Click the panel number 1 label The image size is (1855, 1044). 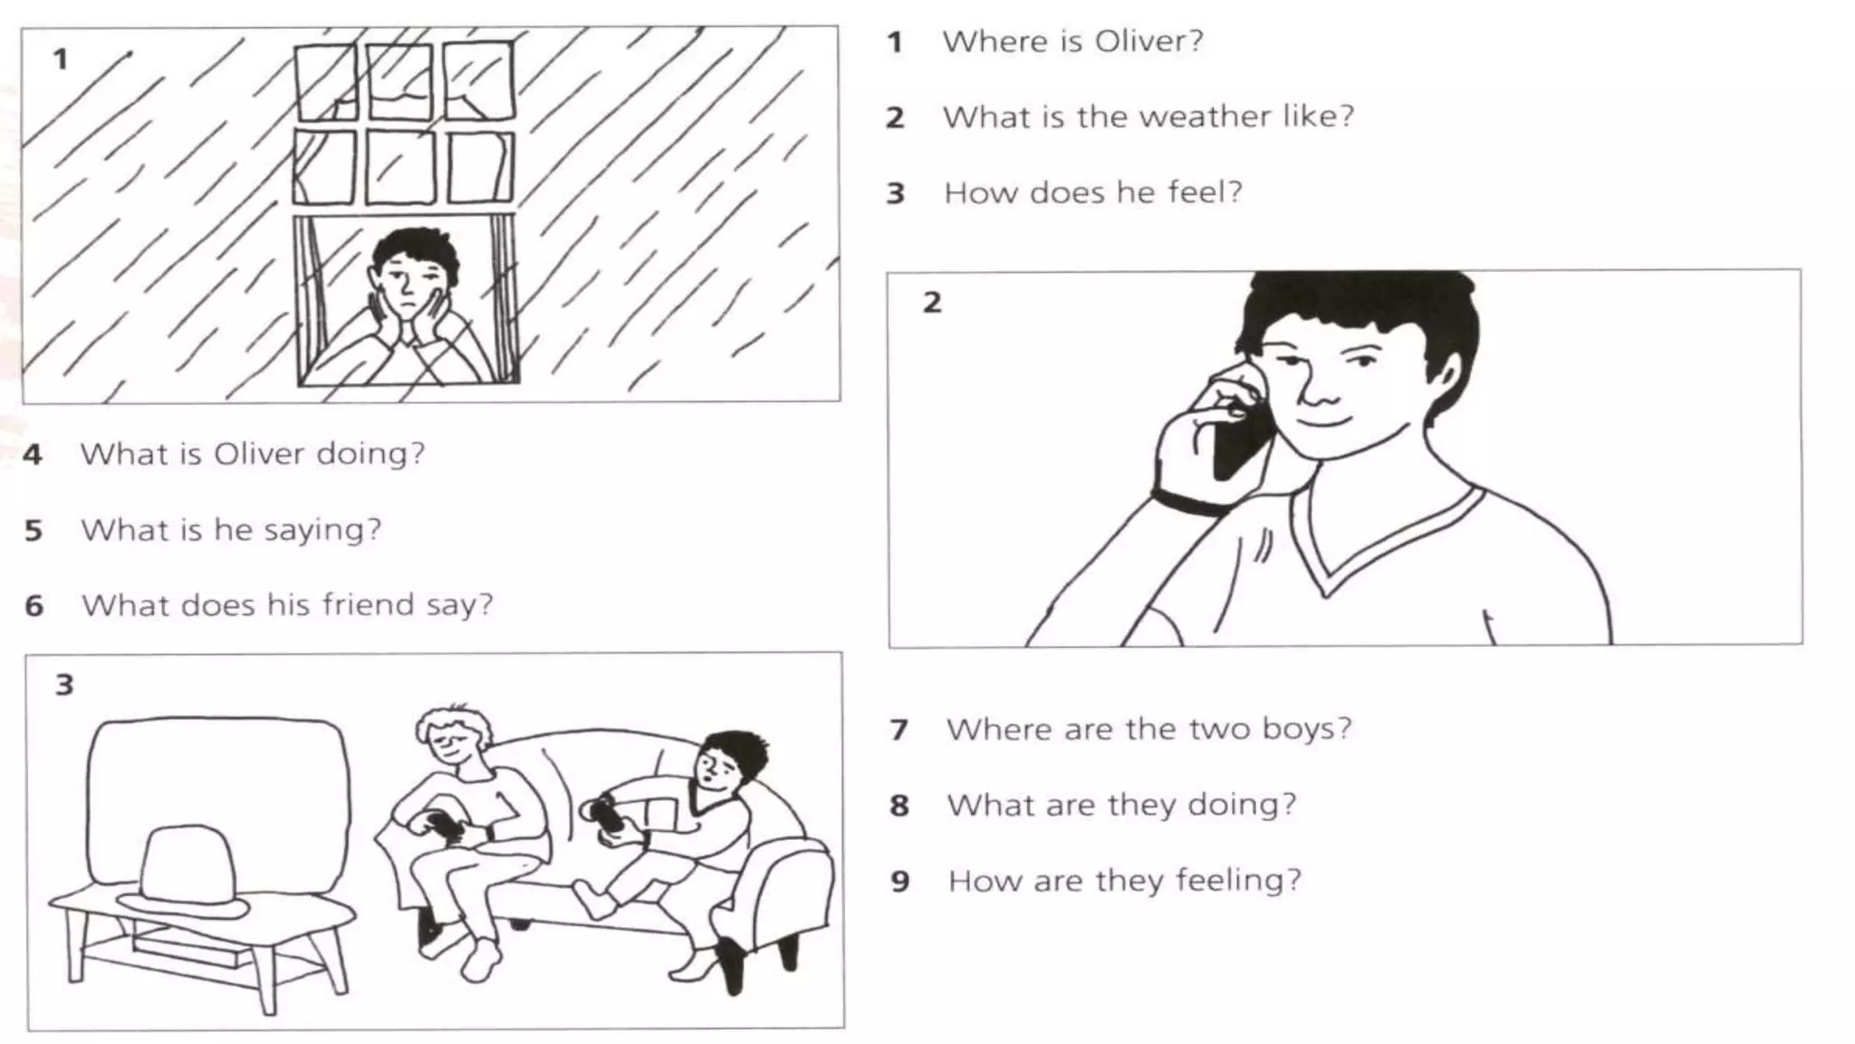[x=61, y=60]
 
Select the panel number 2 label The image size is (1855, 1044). [x=932, y=302]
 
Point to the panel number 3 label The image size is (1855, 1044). [x=64, y=684]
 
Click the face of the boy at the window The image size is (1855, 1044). [x=412, y=282]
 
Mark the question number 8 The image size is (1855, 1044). [x=899, y=806]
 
